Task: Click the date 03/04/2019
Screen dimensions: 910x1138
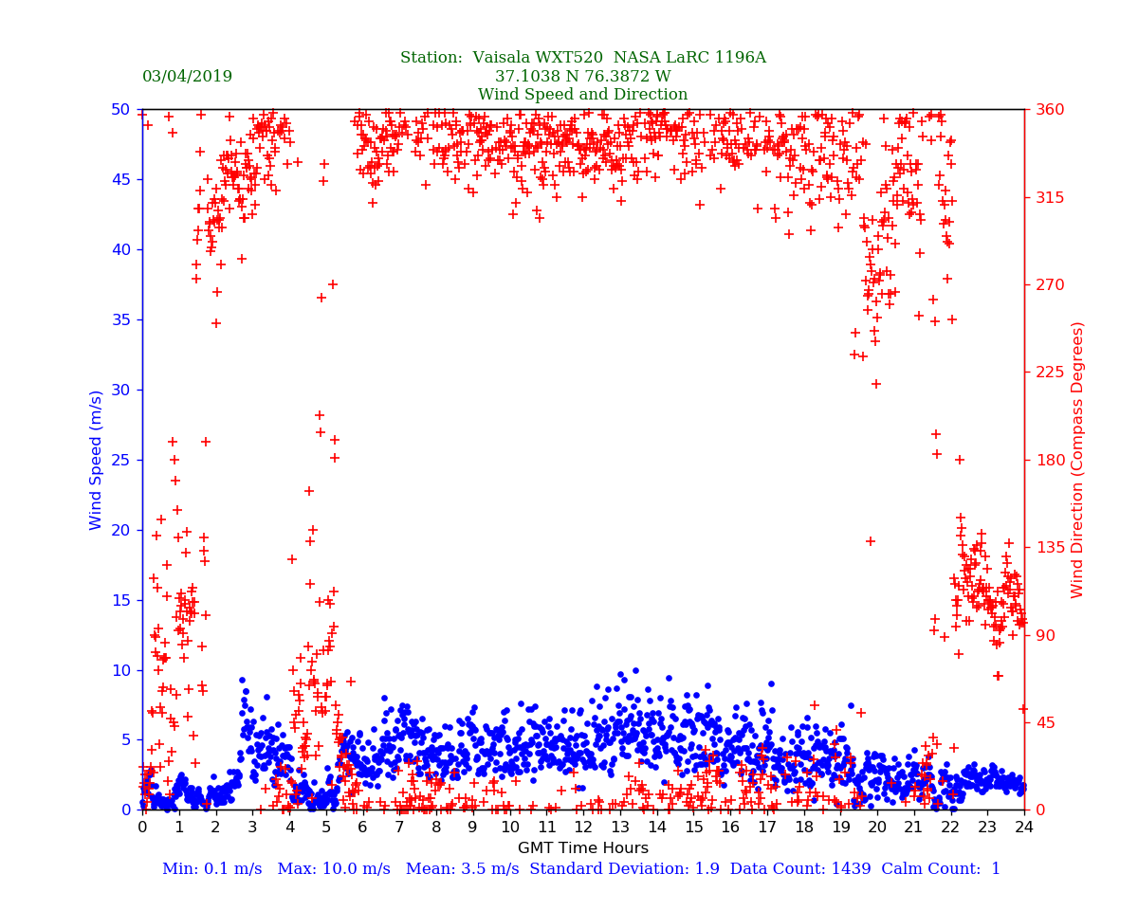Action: [x=187, y=77]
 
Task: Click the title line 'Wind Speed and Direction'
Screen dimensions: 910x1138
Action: [x=582, y=95]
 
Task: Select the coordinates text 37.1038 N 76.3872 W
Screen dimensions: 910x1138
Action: [x=582, y=77]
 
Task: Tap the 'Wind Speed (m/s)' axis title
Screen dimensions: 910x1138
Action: [x=97, y=460]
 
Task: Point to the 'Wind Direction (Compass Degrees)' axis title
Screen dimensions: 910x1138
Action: [x=1077, y=460]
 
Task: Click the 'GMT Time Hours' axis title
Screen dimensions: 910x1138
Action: [x=582, y=848]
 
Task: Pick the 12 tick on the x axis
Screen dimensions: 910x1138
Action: [x=583, y=828]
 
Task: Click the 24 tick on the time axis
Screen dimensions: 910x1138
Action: [x=1024, y=828]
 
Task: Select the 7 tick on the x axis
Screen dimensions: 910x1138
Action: [x=399, y=828]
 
